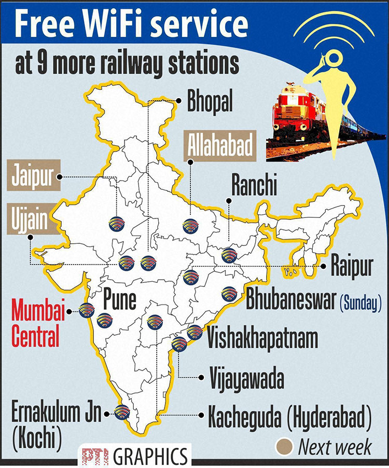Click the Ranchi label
[x=254, y=186]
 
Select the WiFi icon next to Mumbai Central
[x=87, y=310]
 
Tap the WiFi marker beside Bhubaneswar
[x=229, y=294]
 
